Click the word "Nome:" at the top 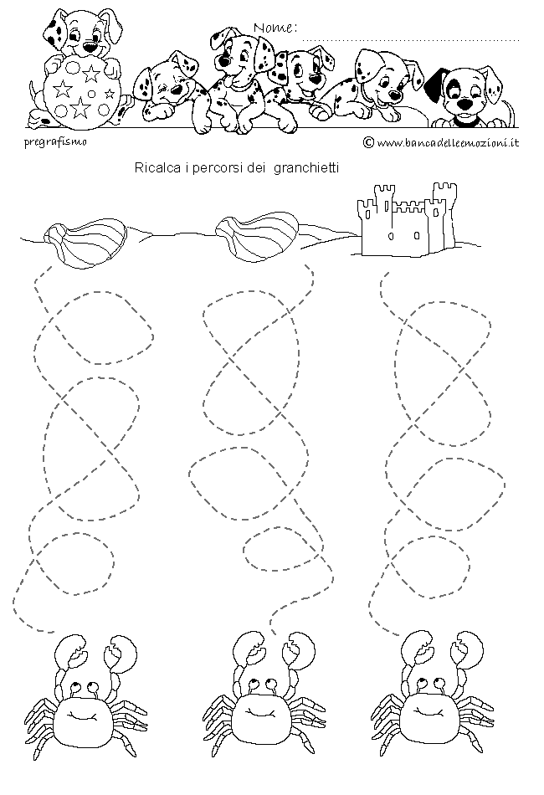tap(275, 28)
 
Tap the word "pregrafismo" tap(55, 141)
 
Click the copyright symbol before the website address tap(368, 143)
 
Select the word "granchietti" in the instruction tap(306, 167)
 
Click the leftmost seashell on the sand tap(85, 240)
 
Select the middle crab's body tap(262, 715)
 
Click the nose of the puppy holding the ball tap(90, 47)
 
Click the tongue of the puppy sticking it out tap(229, 81)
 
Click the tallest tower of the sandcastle tap(444, 213)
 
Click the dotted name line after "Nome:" tap(411, 39)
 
